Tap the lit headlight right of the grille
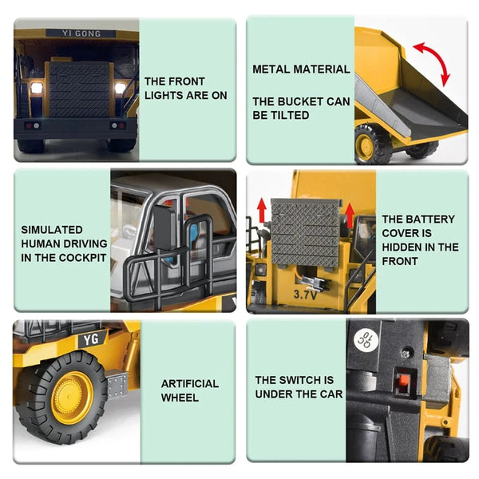coord(120,87)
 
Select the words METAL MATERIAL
coord(301,69)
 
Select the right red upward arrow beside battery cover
coord(350,214)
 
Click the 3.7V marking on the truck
coord(305,295)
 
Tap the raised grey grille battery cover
coord(306,232)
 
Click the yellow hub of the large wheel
coord(73,397)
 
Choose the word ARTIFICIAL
coord(189,384)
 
